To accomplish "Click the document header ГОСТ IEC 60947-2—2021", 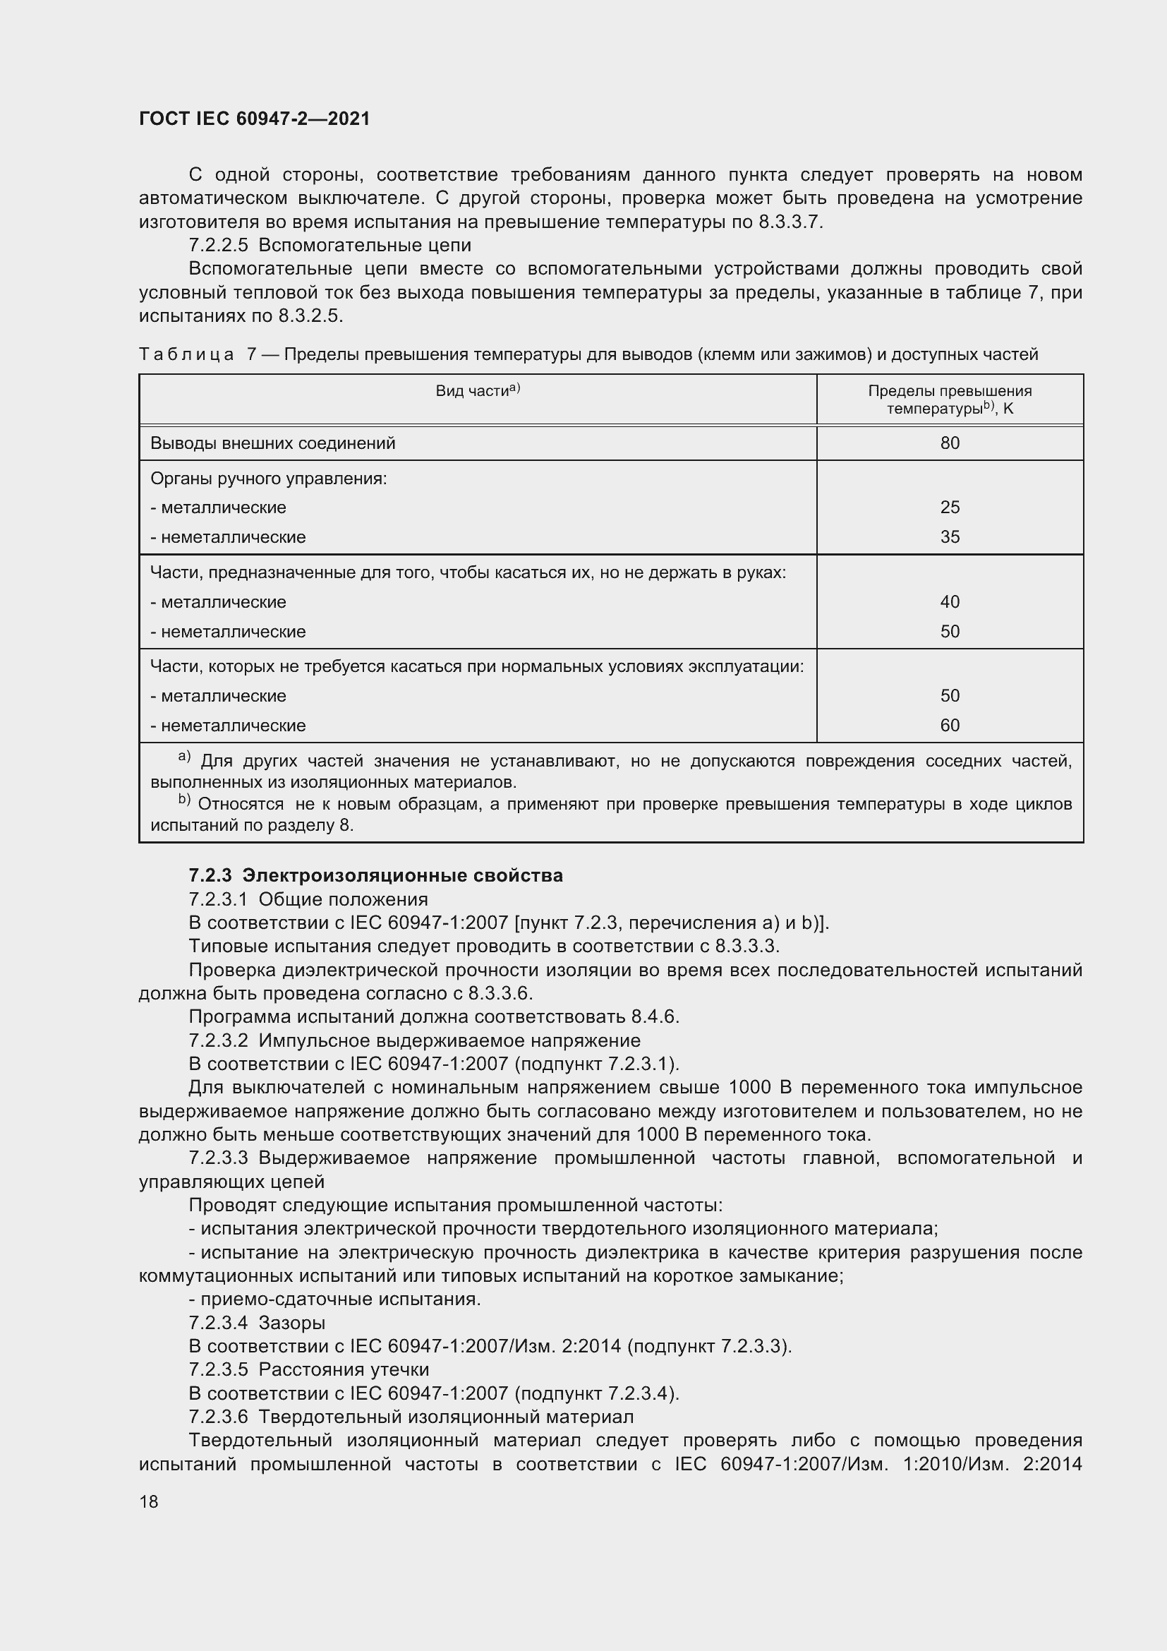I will [x=255, y=119].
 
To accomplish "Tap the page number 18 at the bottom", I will [x=149, y=1501].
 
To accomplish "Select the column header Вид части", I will [x=477, y=391].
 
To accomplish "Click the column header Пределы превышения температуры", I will [x=949, y=400].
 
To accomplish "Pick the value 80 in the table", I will [x=949, y=443].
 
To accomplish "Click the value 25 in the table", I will [x=949, y=507].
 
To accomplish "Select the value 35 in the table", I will [x=949, y=537].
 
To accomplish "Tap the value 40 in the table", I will [x=949, y=602].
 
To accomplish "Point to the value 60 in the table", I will [x=949, y=726].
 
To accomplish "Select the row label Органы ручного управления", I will [x=268, y=478].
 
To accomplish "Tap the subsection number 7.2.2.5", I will [x=219, y=245].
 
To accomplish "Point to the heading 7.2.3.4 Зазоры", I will [x=258, y=1322].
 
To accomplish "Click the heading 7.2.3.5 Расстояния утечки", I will [x=309, y=1369].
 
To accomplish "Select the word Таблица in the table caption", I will [x=186, y=354].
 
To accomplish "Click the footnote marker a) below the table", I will [x=184, y=757].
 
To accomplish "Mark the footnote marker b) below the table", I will [x=184, y=800].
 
